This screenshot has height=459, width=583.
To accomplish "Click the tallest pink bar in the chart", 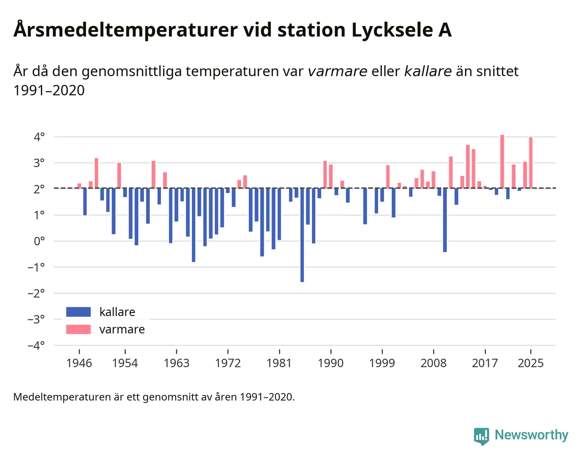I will tap(502, 162).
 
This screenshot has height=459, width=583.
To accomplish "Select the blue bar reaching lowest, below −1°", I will tap(302, 235).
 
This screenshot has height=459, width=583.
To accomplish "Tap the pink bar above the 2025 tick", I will tap(531, 163).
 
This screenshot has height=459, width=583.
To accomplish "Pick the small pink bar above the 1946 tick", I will tap(79, 186).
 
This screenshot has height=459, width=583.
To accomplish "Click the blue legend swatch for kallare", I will tap(78, 312).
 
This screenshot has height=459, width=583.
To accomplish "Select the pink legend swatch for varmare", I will tap(78, 329).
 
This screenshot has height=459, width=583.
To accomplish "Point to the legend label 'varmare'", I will tap(122, 329).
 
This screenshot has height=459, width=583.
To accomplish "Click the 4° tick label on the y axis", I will tap(39, 137).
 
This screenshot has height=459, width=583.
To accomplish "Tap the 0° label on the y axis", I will tap(39, 241).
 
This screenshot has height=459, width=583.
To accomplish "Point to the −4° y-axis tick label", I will tap(36, 346).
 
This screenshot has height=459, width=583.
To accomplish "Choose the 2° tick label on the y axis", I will tap(39, 189).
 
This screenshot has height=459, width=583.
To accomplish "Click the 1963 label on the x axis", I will tap(176, 363).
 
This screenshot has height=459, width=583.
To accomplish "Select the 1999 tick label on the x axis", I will tap(382, 363).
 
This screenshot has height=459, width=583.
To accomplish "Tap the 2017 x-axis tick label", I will tap(485, 363).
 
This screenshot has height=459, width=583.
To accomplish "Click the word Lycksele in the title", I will tap(392, 30).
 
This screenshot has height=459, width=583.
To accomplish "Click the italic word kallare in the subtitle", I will tap(428, 71).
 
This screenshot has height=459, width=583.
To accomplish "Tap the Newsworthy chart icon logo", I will tap(482, 436).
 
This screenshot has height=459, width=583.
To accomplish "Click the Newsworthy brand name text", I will tap(531, 435).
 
